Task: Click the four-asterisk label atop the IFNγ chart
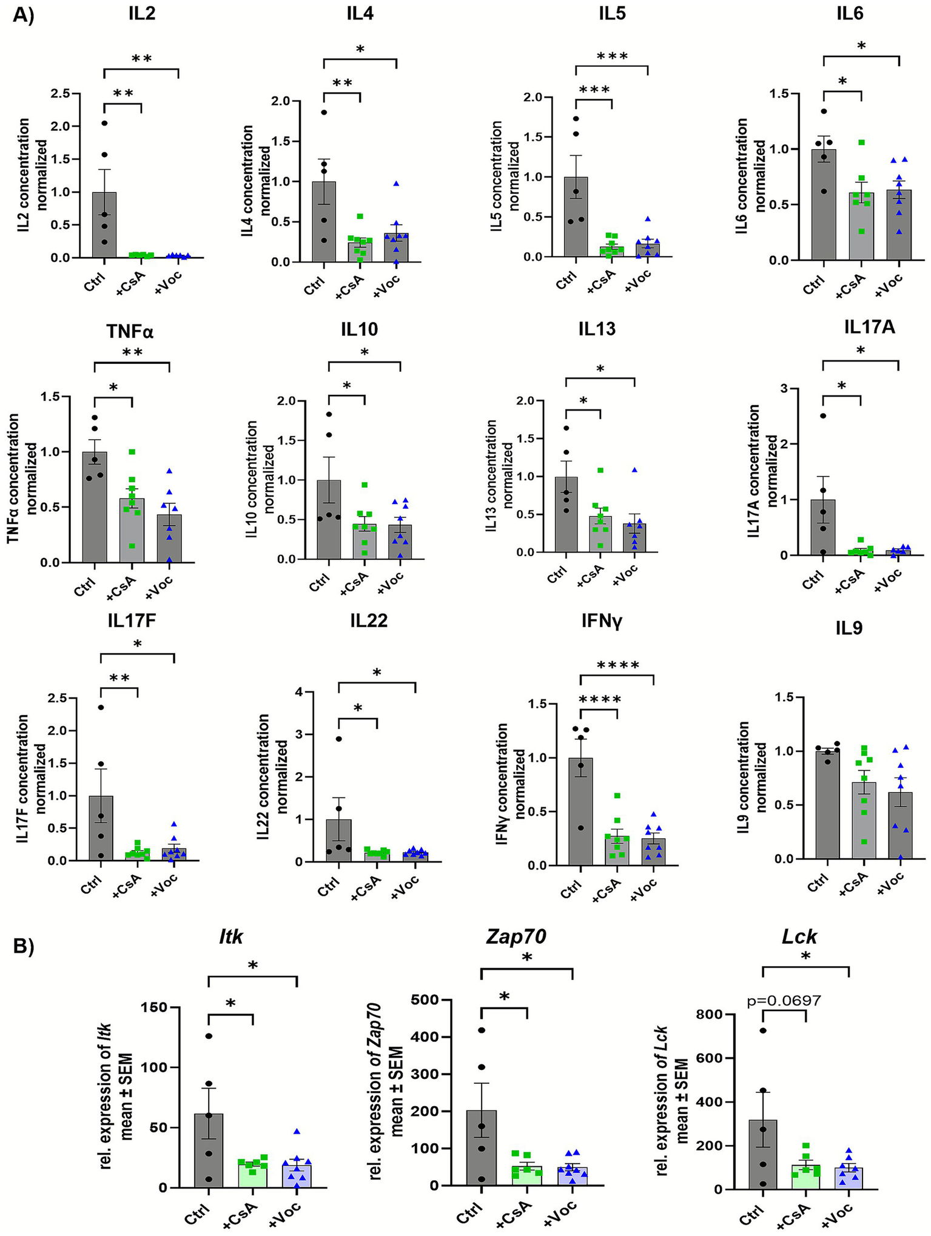pos(617,666)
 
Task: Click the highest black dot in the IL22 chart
pos(339,739)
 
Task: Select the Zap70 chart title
pos(516,937)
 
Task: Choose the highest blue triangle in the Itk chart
pos(297,1132)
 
